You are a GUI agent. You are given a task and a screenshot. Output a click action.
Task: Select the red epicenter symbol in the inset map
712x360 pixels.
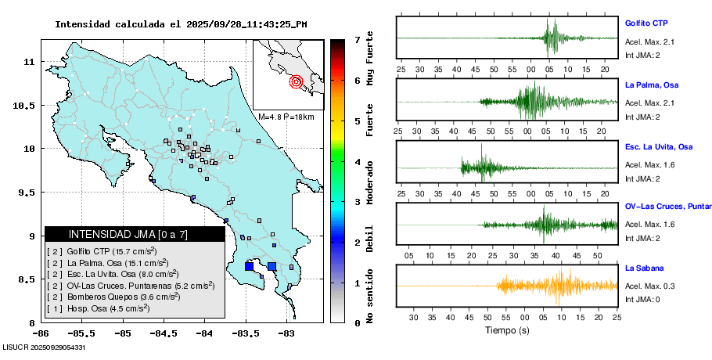[x=296, y=81]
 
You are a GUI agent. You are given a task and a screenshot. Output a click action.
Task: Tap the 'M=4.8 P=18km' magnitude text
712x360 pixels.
[x=286, y=117]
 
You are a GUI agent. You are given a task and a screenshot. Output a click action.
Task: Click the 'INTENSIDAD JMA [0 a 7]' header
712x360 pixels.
[x=117, y=234]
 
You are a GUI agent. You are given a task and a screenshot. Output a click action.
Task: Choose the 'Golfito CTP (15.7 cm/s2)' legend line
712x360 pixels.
[x=102, y=250]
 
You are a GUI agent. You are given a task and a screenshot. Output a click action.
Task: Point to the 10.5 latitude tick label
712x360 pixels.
[x=29, y=105]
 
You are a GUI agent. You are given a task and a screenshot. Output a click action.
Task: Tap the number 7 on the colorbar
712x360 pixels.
[x=357, y=40]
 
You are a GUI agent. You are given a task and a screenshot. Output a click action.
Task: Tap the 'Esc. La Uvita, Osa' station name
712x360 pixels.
[x=659, y=146]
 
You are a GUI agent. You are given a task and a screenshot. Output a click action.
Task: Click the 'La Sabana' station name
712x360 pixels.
[x=644, y=268]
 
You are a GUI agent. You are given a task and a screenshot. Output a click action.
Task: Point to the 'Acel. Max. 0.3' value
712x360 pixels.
[x=649, y=286]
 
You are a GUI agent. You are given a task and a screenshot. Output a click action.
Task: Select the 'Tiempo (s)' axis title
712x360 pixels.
[x=506, y=330]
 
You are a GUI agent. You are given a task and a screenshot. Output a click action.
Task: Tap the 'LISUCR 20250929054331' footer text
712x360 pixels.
[x=45, y=347]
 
